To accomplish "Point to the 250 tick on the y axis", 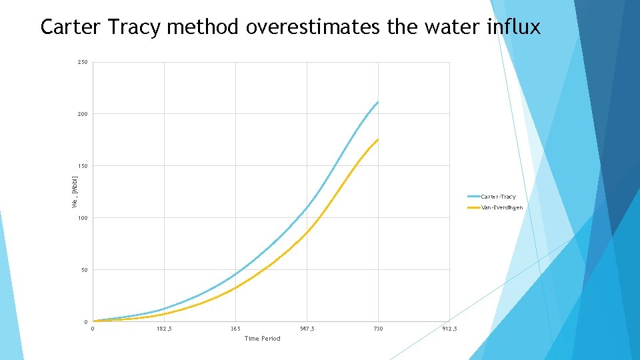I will [82, 63].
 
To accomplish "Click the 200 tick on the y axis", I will [82, 114].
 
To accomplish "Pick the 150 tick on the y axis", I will [82, 166].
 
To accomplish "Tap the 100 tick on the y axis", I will [82, 218].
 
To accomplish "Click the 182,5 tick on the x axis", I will [163, 329].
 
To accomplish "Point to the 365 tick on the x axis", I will [235, 329].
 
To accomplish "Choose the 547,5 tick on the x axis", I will [307, 329].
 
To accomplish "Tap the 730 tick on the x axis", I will [378, 329].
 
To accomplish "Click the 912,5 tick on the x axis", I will [449, 329].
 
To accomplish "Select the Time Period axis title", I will [263, 339].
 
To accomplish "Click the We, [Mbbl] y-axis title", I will [75, 192].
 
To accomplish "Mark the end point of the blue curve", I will [378, 102].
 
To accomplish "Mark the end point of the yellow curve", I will [378, 139].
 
